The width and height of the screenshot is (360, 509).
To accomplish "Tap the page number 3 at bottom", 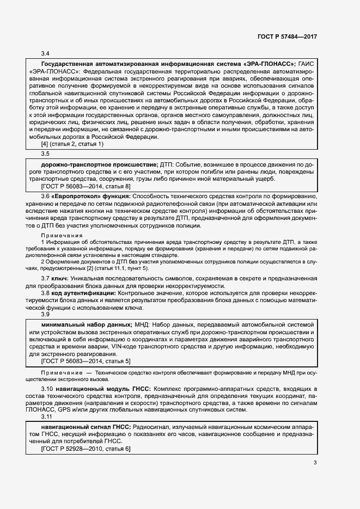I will click(x=315, y=463).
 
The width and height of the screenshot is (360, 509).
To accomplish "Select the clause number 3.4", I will click(x=46, y=53).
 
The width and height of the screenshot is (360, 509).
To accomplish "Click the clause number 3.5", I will click(x=46, y=154).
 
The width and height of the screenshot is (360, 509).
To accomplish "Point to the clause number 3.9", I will click(x=46, y=315).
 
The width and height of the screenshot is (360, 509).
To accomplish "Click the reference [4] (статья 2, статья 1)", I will click(x=72, y=144).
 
